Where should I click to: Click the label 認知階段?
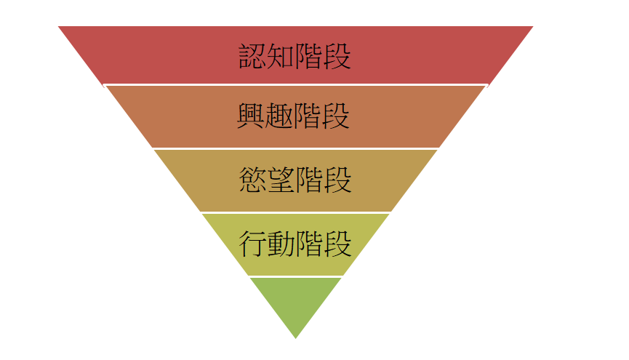(x=295, y=56)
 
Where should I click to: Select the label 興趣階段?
(x=295, y=116)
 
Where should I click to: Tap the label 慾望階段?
(x=295, y=180)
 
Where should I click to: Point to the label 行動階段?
(x=295, y=244)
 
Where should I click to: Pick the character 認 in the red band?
(x=253, y=56)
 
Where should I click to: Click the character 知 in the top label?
(x=281, y=56)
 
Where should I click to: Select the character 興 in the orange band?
(x=252, y=116)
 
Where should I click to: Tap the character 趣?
(x=280, y=116)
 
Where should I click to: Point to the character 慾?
(x=252, y=180)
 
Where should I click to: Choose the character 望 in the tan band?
(x=281, y=180)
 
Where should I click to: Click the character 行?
(x=252, y=244)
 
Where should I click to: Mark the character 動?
(x=281, y=244)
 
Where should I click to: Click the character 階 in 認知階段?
(x=309, y=56)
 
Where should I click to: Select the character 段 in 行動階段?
(x=337, y=244)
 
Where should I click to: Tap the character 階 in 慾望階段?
(x=309, y=180)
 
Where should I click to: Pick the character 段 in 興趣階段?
(x=337, y=116)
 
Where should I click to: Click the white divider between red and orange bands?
(x=295, y=85)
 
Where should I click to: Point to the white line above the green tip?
(x=295, y=276)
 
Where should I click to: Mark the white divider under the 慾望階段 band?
(x=295, y=212)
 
